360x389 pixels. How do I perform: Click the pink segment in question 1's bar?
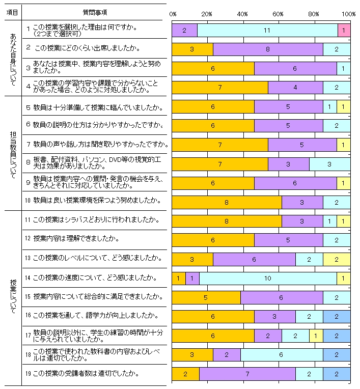pyautogui.click(x=344, y=31)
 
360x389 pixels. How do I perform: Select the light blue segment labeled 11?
pyautogui.click(x=267, y=31)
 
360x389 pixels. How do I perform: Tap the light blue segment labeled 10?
pyautogui.click(x=268, y=278)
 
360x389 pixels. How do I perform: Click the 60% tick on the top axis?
pyautogui.click(x=278, y=13)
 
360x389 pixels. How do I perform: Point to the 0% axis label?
pyautogui.click(x=173, y=13)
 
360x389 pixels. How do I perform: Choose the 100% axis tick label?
pyautogui.click(x=349, y=13)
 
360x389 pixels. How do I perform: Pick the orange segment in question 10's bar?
pyautogui.click(x=227, y=203)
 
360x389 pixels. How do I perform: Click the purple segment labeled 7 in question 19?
pyautogui.click(x=247, y=374)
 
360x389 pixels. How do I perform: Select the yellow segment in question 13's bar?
pyautogui.click(x=337, y=259)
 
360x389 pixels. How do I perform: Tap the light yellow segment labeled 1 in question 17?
pyautogui.click(x=316, y=336)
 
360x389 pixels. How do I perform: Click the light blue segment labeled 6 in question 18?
pyautogui.click(x=282, y=355)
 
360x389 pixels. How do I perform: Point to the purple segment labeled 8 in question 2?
pyautogui.click(x=268, y=49)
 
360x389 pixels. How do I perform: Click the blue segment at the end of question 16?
pyautogui.click(x=337, y=317)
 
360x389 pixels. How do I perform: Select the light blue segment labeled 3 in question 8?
pyautogui.click(x=329, y=164)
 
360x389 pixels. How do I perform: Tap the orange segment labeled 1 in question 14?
pyautogui.click(x=178, y=278)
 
